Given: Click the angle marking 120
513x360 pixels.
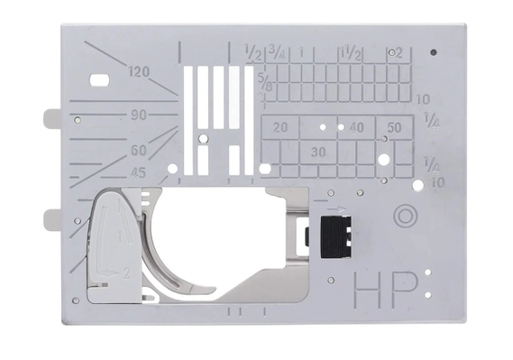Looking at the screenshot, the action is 139,71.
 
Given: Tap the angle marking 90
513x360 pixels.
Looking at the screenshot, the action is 139,115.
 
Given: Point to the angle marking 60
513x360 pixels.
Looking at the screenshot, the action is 139,150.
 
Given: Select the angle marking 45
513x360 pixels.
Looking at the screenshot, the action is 138,173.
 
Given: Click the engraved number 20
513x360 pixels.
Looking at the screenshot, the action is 280,127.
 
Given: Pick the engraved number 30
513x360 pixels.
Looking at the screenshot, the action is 318,152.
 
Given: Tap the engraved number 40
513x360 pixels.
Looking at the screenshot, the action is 356,127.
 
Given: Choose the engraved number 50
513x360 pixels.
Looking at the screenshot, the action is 394,127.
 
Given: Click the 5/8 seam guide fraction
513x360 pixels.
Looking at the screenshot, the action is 265,82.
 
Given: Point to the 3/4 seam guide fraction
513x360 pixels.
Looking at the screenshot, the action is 277,52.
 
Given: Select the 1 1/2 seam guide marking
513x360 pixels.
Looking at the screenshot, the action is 351,53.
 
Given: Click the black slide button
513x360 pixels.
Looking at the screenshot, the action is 335,237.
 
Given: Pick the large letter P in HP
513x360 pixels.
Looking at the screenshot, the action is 405,290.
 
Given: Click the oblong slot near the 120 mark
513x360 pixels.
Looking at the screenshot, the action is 100,80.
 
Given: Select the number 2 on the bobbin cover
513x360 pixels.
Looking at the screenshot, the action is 126,273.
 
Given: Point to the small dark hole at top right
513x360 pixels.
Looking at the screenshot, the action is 435,51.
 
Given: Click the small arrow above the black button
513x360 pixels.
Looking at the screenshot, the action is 336,208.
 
